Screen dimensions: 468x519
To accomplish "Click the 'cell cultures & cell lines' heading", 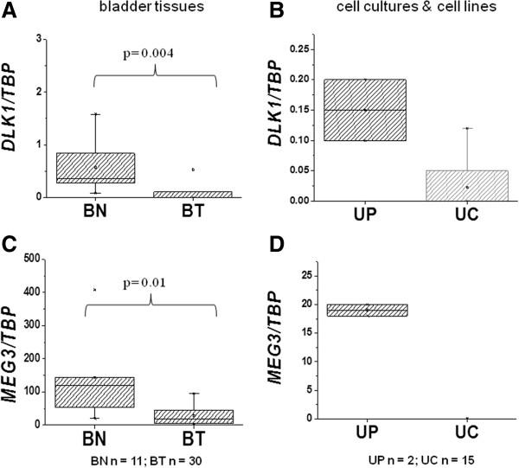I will (407, 10).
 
